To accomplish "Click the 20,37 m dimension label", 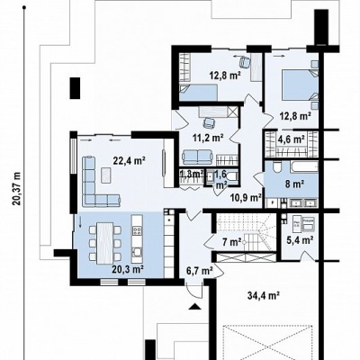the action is pos(17,188).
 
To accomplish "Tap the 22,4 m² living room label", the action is pos(130,161).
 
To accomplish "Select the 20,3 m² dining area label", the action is pos(127,269).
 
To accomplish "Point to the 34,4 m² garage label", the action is pos(264,296).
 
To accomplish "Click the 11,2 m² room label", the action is pos(208,138).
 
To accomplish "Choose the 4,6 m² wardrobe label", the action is pos(292,139).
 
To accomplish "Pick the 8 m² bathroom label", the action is pos(294,184).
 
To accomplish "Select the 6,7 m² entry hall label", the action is pos(200,271).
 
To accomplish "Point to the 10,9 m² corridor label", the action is pos(246,197).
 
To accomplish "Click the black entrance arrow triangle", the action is pos(194,306).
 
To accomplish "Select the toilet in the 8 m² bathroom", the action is pos(276,166).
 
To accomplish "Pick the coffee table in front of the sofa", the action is pos(106,175).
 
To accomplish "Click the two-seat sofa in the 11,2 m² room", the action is pos(198,157).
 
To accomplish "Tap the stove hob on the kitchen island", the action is pos(138,230).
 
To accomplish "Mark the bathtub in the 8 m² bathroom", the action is pos(303,167).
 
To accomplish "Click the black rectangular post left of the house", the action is pos(75,88).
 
